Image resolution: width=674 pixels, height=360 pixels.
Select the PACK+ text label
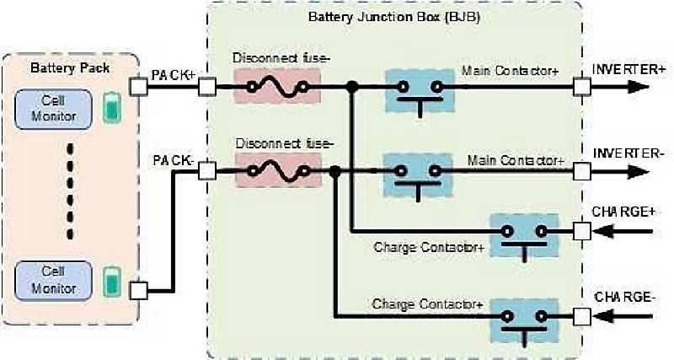[x=174, y=75]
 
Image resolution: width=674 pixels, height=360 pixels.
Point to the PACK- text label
[x=173, y=159]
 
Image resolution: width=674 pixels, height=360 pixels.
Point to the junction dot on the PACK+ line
[x=350, y=86]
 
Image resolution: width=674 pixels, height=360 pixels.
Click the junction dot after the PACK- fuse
[x=335, y=170]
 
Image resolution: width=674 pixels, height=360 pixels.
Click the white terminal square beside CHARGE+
[x=580, y=230]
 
